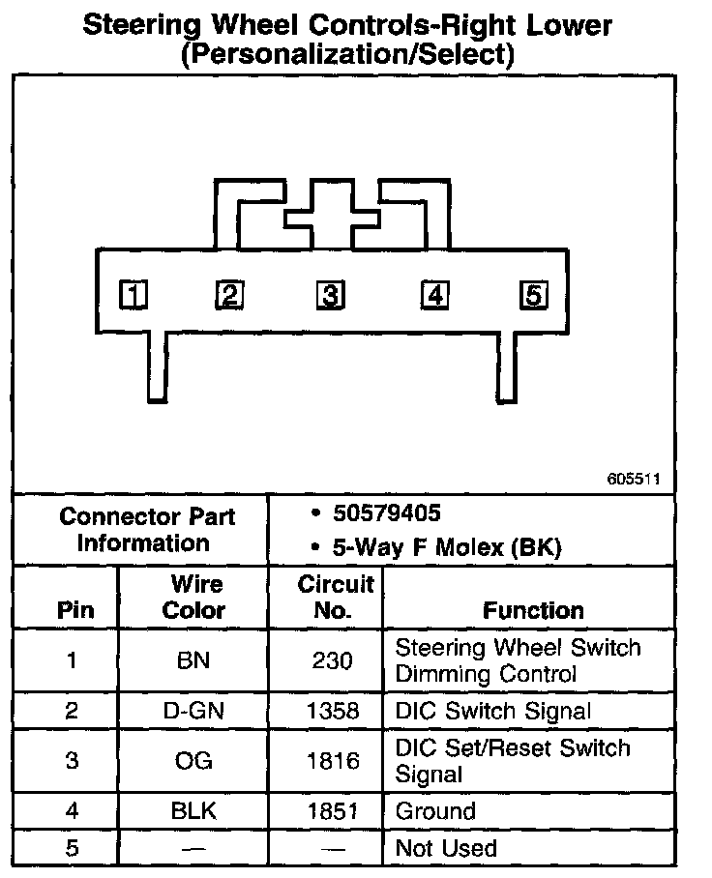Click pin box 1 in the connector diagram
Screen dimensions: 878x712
[x=133, y=294]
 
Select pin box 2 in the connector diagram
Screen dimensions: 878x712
[x=229, y=294]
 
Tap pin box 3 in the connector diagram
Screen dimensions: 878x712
[x=330, y=294]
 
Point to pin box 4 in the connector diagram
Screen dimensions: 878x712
[x=434, y=294]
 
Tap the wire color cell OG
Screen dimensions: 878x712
[x=193, y=761]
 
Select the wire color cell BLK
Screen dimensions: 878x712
[x=193, y=811]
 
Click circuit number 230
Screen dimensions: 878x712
[x=332, y=661]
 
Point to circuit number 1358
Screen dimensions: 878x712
[x=332, y=713]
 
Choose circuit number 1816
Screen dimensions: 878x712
[x=332, y=761]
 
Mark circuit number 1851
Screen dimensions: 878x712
[x=332, y=811]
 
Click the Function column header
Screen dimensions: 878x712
[x=533, y=611]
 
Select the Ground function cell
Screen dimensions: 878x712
[x=435, y=811]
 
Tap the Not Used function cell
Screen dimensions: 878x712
[x=446, y=849]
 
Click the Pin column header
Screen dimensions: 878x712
[x=75, y=611]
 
